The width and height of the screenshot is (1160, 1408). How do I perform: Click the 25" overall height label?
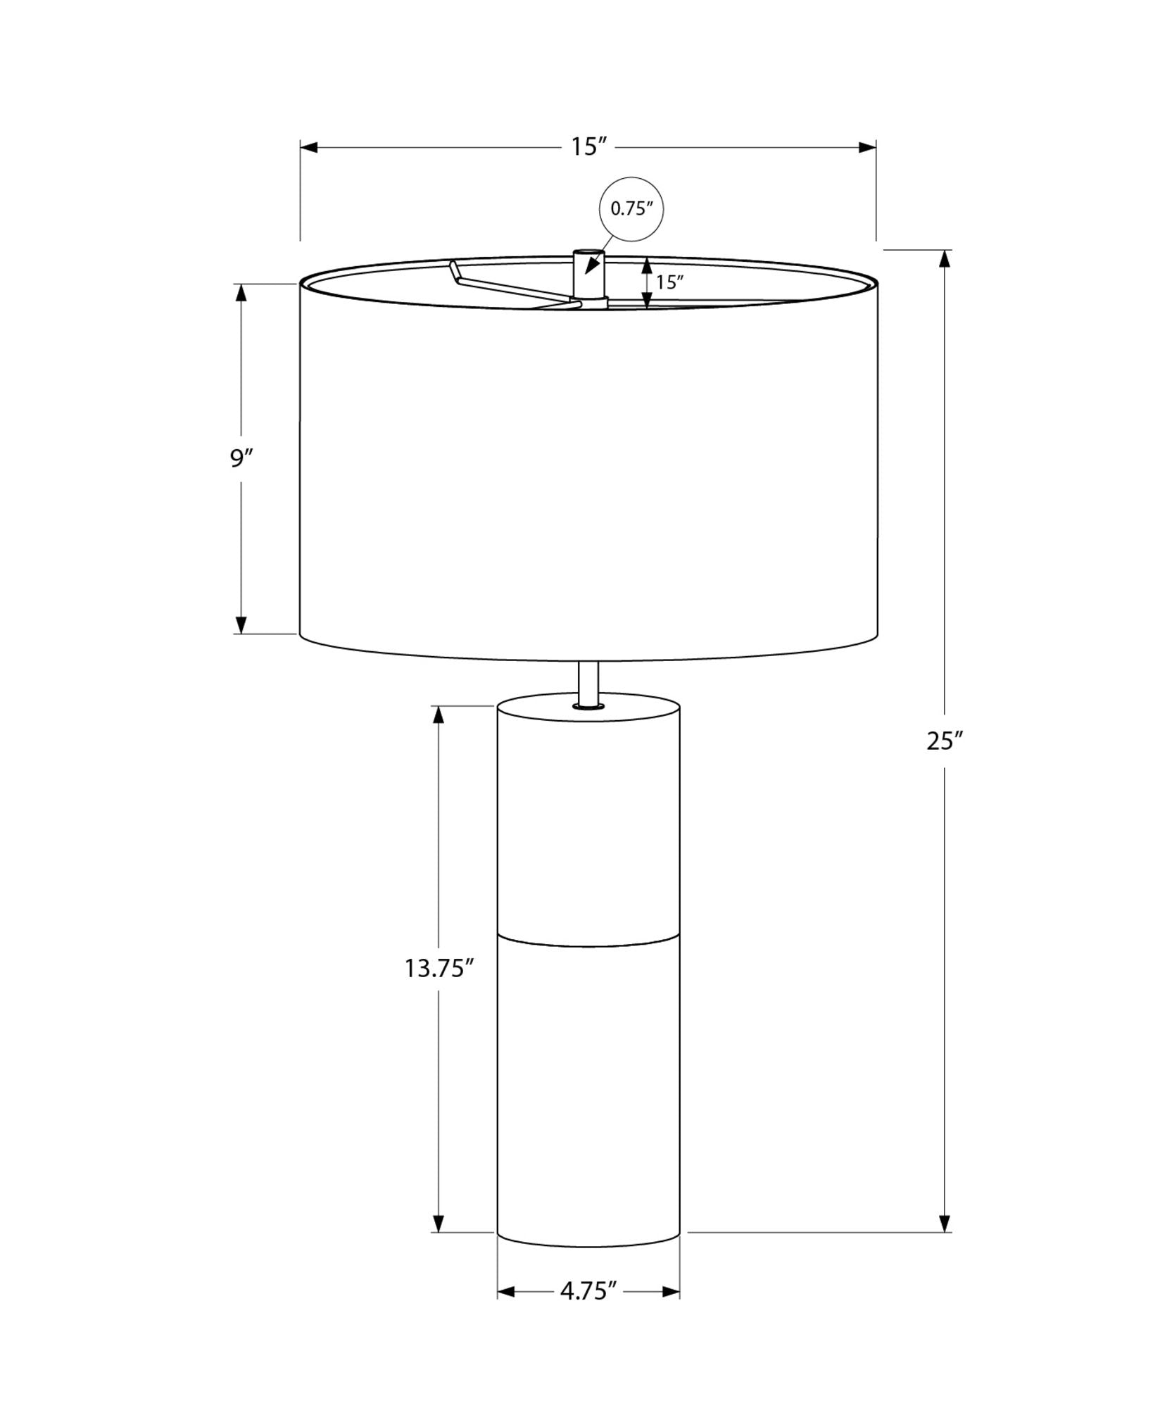point(945,741)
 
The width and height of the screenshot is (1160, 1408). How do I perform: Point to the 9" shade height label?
point(241,458)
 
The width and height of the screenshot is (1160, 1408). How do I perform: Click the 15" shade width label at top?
point(588,147)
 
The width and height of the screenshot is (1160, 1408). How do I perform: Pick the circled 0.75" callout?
point(631,209)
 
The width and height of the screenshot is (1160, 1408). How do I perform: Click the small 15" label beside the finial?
point(670,282)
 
